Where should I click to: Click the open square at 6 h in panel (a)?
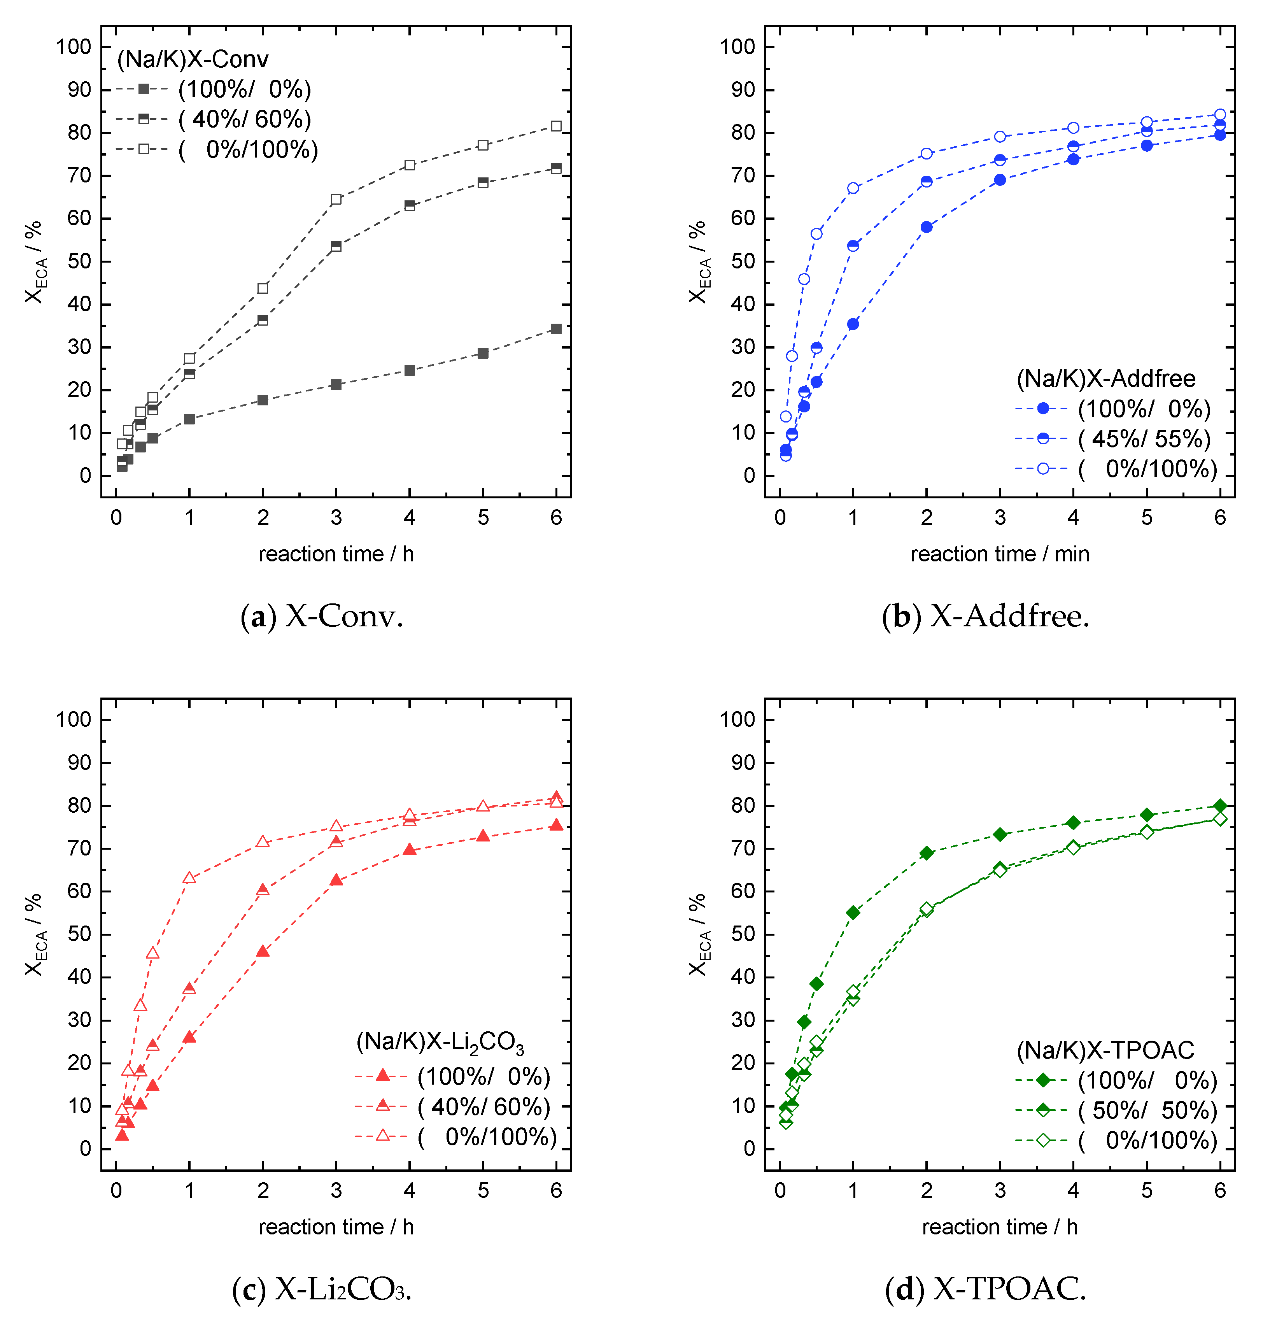556,126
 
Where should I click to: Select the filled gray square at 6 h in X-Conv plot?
556,329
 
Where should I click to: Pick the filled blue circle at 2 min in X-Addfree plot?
927,227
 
